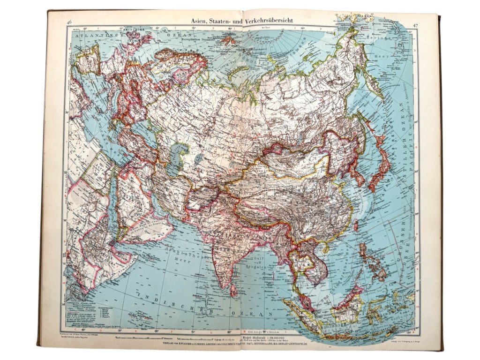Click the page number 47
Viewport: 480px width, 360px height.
coord(415,25)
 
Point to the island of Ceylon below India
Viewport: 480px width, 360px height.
coord(233,291)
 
